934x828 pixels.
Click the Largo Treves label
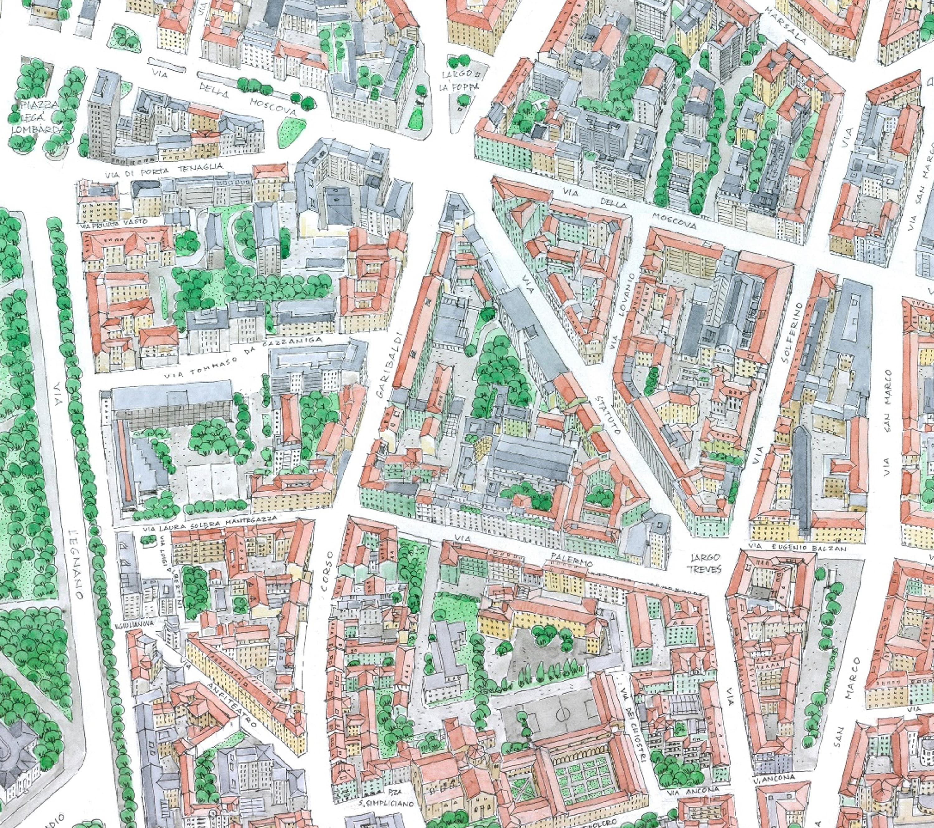click(x=706, y=563)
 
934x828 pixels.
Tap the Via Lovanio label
click(x=622, y=311)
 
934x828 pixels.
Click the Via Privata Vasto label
click(x=114, y=223)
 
